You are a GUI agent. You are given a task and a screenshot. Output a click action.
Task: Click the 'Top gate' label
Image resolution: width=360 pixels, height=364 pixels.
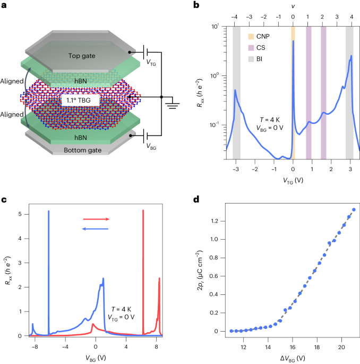click(82, 56)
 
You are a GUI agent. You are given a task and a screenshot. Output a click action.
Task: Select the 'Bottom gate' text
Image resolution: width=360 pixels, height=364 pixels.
click(83, 150)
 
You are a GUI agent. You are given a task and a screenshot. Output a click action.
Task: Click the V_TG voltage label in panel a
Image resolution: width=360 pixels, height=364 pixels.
click(151, 63)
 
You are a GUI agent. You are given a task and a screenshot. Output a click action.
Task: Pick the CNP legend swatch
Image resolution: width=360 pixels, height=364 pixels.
click(251, 37)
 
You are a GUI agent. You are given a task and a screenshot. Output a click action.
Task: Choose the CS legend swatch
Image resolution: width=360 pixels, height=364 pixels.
click(251, 48)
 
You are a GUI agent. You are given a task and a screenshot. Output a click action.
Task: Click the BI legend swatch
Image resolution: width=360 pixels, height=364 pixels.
click(251, 59)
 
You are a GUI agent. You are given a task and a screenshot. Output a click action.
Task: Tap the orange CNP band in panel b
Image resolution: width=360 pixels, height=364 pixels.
click(293, 93)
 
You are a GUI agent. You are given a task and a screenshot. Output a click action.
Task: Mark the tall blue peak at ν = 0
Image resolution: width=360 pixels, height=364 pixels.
click(293, 41)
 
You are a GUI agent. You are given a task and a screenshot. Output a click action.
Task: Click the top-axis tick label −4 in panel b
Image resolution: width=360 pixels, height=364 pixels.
click(234, 17)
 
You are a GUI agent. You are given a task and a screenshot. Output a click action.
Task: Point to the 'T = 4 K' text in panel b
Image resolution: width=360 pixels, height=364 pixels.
click(270, 120)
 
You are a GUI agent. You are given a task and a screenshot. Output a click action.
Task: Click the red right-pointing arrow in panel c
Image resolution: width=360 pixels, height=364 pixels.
click(96, 219)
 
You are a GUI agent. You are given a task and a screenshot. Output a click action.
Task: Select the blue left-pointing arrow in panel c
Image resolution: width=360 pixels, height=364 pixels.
click(96, 229)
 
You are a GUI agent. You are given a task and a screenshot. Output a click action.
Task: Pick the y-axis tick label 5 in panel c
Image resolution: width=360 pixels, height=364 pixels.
click(20, 214)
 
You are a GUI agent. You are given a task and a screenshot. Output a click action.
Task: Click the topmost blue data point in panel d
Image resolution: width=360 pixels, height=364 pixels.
click(354, 209)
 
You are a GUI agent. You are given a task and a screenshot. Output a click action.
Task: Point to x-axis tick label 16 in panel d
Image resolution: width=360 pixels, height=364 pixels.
click(292, 348)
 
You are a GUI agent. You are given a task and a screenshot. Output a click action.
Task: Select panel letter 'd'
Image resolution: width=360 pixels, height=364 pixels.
click(196, 199)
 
